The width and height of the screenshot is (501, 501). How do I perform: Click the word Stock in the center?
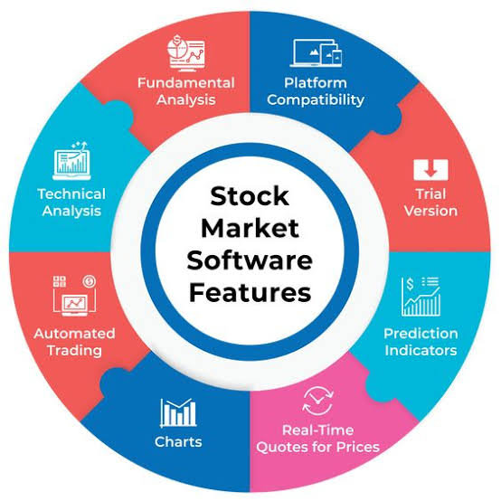click(250, 196)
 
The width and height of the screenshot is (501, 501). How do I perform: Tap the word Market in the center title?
click(250, 228)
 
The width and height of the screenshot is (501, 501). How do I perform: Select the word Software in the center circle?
click(250, 260)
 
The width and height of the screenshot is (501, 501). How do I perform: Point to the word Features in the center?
click(250, 292)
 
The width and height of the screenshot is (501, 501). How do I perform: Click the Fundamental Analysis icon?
click(186, 53)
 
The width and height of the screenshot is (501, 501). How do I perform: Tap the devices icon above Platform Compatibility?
click(316, 53)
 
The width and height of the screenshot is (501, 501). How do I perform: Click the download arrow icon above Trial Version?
click(430, 170)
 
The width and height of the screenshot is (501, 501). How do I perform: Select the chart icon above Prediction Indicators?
click(421, 297)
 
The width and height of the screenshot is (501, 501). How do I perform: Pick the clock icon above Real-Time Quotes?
click(318, 401)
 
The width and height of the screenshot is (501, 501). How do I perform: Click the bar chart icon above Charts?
click(178, 412)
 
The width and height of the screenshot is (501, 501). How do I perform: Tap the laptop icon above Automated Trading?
click(74, 296)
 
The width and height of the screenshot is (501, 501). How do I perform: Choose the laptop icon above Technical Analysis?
click(71, 161)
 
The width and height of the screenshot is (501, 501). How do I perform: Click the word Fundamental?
click(186, 83)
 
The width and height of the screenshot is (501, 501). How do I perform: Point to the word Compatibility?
click(316, 100)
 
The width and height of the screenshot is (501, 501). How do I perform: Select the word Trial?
click(430, 194)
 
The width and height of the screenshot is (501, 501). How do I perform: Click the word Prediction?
click(421, 334)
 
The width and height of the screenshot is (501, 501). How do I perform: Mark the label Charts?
click(178, 442)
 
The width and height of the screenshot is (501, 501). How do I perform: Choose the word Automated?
click(74, 334)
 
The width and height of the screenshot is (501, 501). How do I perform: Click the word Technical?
click(71, 194)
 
